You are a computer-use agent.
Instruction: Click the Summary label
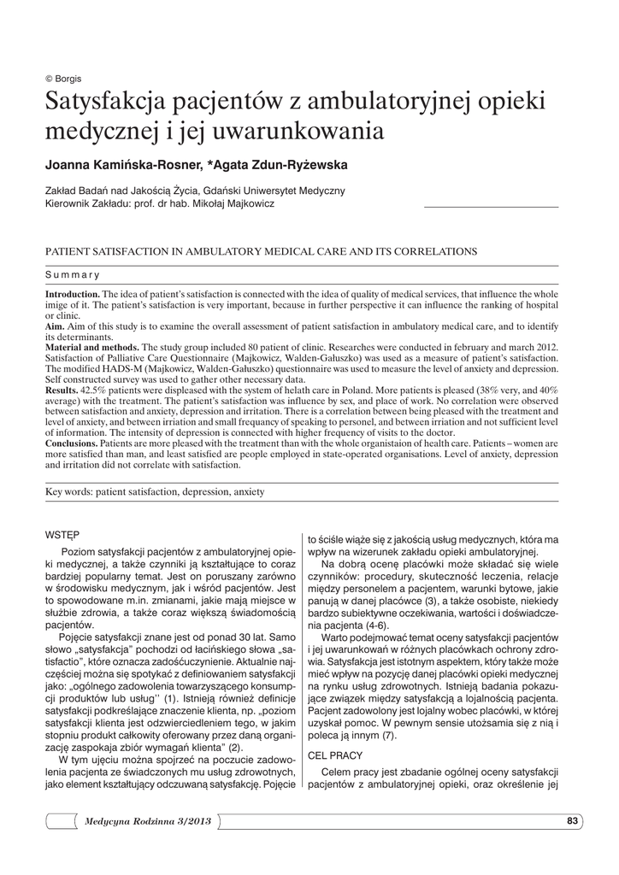(x=73, y=274)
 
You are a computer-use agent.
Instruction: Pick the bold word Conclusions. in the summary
(x=72, y=443)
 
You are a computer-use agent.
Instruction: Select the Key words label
(x=68, y=492)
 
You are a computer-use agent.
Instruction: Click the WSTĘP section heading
(x=61, y=535)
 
